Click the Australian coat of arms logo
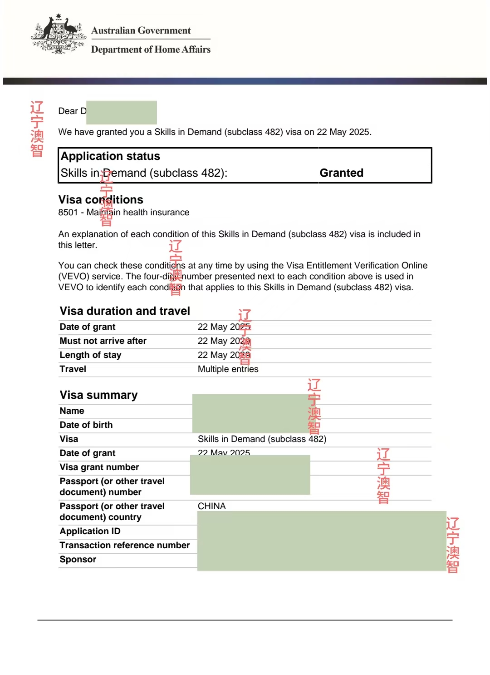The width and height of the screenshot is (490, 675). coord(58,35)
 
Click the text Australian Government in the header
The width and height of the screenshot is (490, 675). coord(141,30)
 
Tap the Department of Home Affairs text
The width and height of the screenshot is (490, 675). coord(151,50)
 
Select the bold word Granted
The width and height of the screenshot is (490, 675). coord(341,173)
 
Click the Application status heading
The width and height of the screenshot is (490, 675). coord(110,156)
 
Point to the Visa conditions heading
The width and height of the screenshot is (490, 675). coord(100,200)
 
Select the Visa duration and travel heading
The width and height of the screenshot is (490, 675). coord(125,311)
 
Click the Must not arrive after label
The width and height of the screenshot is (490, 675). coord(103,341)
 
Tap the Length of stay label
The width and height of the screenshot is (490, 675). coord(90,355)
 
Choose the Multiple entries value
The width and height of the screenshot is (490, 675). coord(228,369)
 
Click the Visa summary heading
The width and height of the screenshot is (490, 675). coord(98,395)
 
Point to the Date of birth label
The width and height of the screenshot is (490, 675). coord(86,425)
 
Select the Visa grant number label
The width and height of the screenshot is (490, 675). coord(99,467)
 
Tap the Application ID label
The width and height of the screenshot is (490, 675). coord(90,531)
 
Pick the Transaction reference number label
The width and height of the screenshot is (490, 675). coord(124,546)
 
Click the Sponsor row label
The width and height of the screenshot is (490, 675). coord(78,560)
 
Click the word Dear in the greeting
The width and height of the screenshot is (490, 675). coord(68,111)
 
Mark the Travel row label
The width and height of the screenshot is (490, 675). coord(73,369)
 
